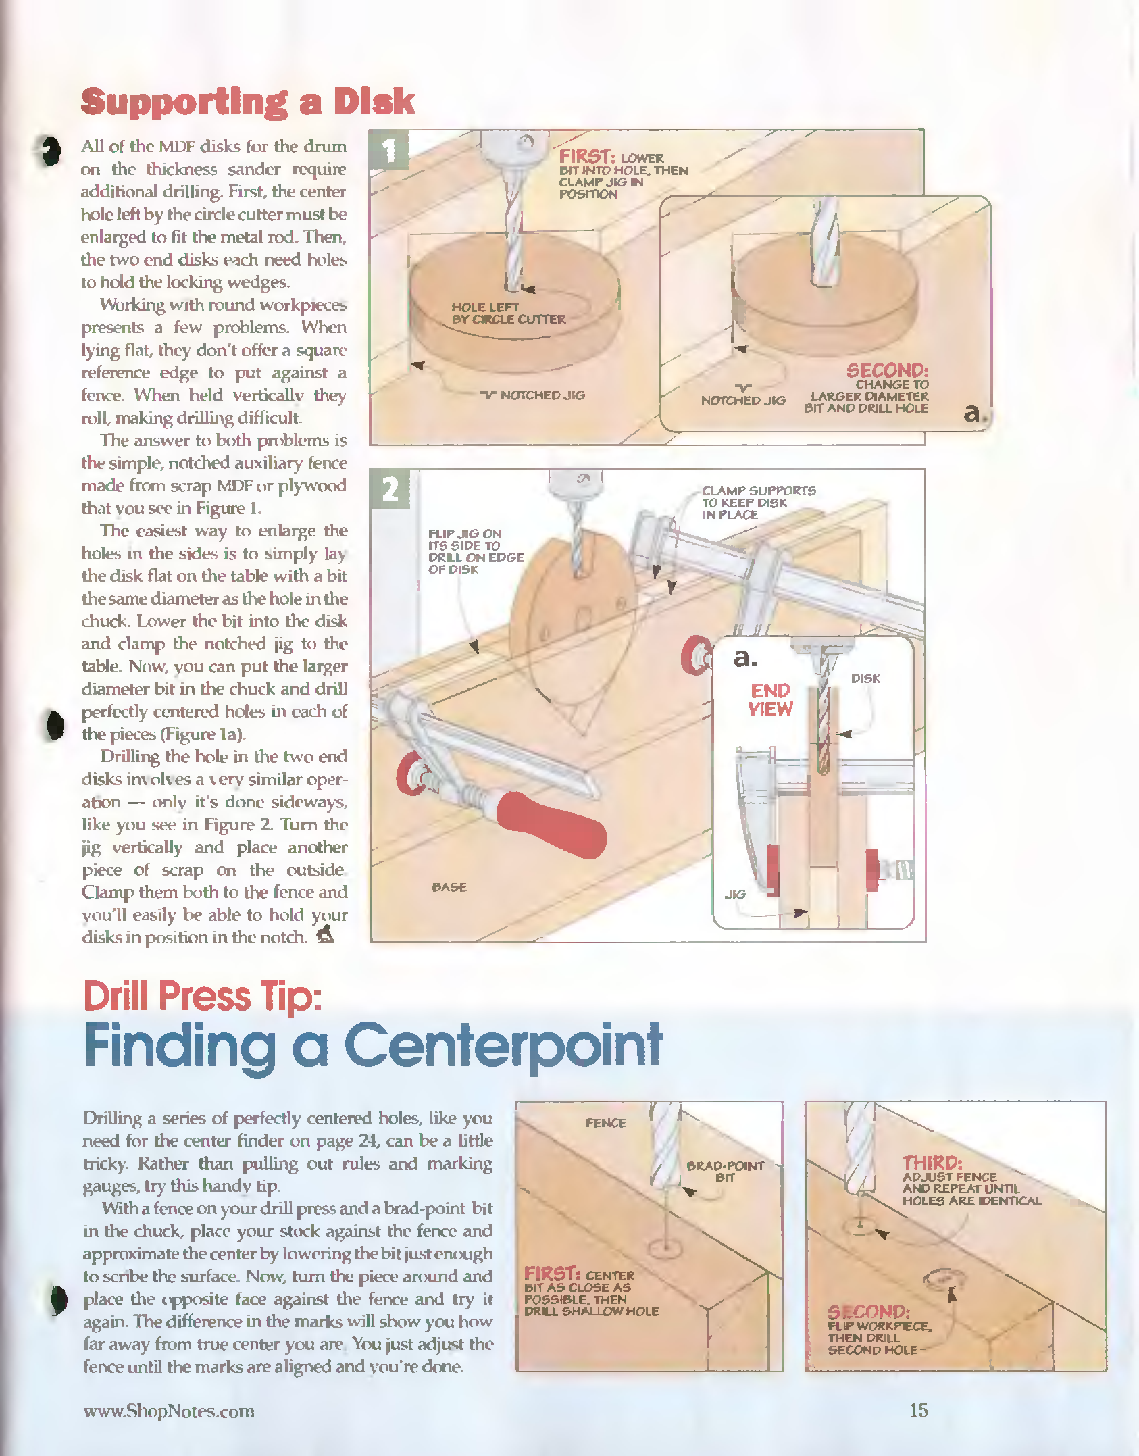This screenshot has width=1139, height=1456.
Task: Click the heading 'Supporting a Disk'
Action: pyautogui.click(x=247, y=102)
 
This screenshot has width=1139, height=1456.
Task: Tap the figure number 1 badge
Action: pyautogui.click(x=389, y=150)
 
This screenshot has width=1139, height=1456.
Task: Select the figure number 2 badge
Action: pyautogui.click(x=390, y=489)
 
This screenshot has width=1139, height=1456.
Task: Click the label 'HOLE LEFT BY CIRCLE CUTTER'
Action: pyautogui.click(x=508, y=313)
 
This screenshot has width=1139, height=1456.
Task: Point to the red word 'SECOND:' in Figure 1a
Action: pyautogui.click(x=887, y=370)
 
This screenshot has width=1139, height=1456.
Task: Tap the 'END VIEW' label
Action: pyautogui.click(x=770, y=700)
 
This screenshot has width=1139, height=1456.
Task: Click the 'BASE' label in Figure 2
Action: pyautogui.click(x=449, y=887)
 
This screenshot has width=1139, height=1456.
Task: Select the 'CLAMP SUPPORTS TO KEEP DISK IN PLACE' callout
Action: pyautogui.click(x=758, y=503)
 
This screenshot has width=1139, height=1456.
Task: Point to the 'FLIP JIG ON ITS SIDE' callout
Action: pyautogui.click(x=475, y=551)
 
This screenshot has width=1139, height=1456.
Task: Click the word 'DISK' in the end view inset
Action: pyautogui.click(x=865, y=678)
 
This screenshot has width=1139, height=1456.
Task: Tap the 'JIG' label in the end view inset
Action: pyautogui.click(x=735, y=894)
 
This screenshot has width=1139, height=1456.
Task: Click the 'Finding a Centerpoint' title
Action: pyautogui.click(x=373, y=1046)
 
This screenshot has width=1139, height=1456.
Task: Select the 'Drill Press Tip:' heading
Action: pyautogui.click(x=202, y=996)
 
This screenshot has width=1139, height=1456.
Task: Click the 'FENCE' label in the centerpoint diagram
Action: pyautogui.click(x=605, y=1123)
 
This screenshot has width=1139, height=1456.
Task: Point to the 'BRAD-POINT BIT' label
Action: pyautogui.click(x=725, y=1172)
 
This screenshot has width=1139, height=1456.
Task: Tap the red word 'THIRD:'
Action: pyautogui.click(x=932, y=1163)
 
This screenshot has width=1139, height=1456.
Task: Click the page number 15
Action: pyautogui.click(x=919, y=1410)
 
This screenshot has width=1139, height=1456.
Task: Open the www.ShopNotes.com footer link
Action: pyautogui.click(x=169, y=1411)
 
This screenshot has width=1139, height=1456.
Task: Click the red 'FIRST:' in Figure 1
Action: pyautogui.click(x=586, y=157)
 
